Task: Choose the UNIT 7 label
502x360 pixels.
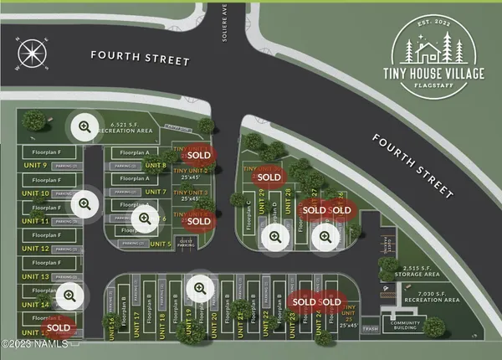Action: click(158, 193)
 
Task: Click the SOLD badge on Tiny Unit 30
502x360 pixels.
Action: click(269, 177)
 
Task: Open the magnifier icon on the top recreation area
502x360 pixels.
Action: click(84, 127)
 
